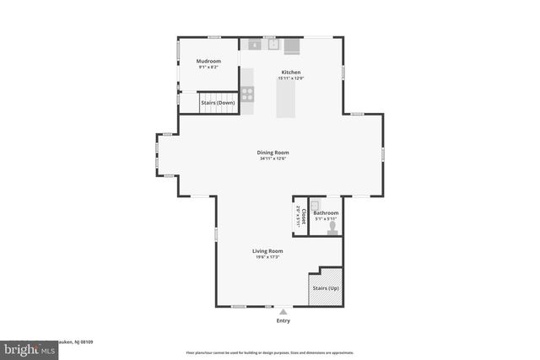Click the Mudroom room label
tap(208, 62)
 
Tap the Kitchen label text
tap(291, 73)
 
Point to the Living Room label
tap(267, 251)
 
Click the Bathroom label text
tap(326, 213)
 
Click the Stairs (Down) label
tap(218, 103)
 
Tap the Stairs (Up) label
tap(327, 288)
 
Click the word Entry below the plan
tap(283, 321)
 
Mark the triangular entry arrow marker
tap(283, 311)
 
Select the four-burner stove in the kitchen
tap(248, 94)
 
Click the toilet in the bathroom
tap(332, 227)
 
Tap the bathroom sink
tap(314, 204)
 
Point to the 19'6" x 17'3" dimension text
tap(267, 257)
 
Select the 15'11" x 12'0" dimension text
tap(291, 78)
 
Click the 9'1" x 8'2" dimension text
tap(208, 67)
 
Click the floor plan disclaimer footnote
tap(269, 352)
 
